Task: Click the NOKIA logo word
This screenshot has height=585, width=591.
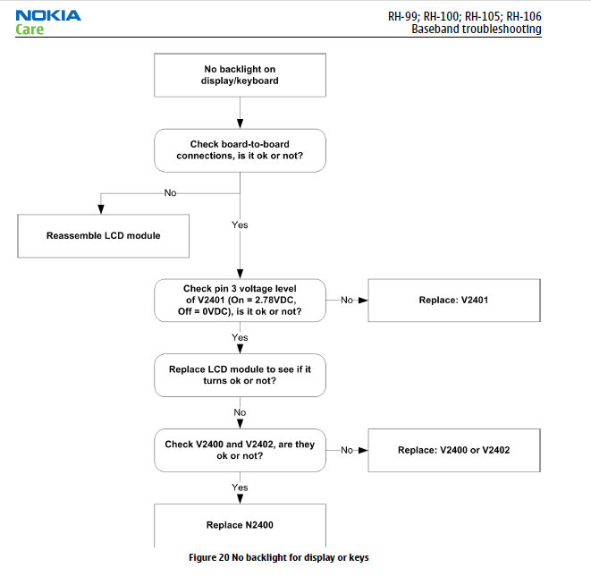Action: click(48, 15)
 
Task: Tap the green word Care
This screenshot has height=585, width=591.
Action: click(30, 29)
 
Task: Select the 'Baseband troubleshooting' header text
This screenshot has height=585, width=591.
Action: click(476, 29)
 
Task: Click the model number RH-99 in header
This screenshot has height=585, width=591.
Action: click(402, 16)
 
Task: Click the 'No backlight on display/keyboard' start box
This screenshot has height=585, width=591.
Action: click(241, 75)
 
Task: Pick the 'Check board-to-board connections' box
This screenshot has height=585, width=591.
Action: click(241, 150)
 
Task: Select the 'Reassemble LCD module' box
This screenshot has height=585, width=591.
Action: click(104, 236)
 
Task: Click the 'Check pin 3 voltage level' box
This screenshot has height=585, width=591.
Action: click(241, 301)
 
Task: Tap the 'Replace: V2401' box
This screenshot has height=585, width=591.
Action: click(454, 301)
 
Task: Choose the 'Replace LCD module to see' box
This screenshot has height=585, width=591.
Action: click(241, 375)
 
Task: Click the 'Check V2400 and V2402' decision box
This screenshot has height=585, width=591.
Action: click(241, 450)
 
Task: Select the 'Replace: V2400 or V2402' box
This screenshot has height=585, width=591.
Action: click(454, 450)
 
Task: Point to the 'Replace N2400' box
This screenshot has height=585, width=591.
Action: click(241, 525)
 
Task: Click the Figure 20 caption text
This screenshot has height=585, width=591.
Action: click(279, 557)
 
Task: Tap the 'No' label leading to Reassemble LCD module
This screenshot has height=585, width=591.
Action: click(171, 193)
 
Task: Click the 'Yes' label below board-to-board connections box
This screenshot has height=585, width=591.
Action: click(240, 225)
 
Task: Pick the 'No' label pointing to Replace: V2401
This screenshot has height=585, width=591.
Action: click(347, 301)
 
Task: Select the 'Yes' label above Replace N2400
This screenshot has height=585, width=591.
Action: click(240, 487)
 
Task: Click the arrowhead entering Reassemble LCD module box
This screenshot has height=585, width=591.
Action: click(101, 209)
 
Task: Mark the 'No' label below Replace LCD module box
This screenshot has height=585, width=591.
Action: click(240, 412)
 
